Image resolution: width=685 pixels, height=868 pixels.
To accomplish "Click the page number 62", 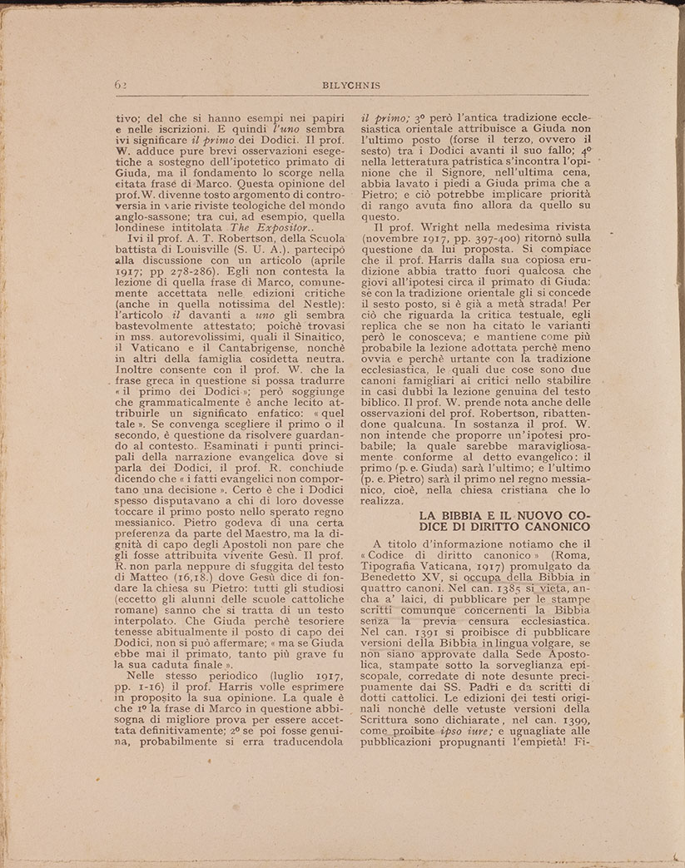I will click(121, 85).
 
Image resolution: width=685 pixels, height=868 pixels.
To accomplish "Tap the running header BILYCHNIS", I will click(342, 85).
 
